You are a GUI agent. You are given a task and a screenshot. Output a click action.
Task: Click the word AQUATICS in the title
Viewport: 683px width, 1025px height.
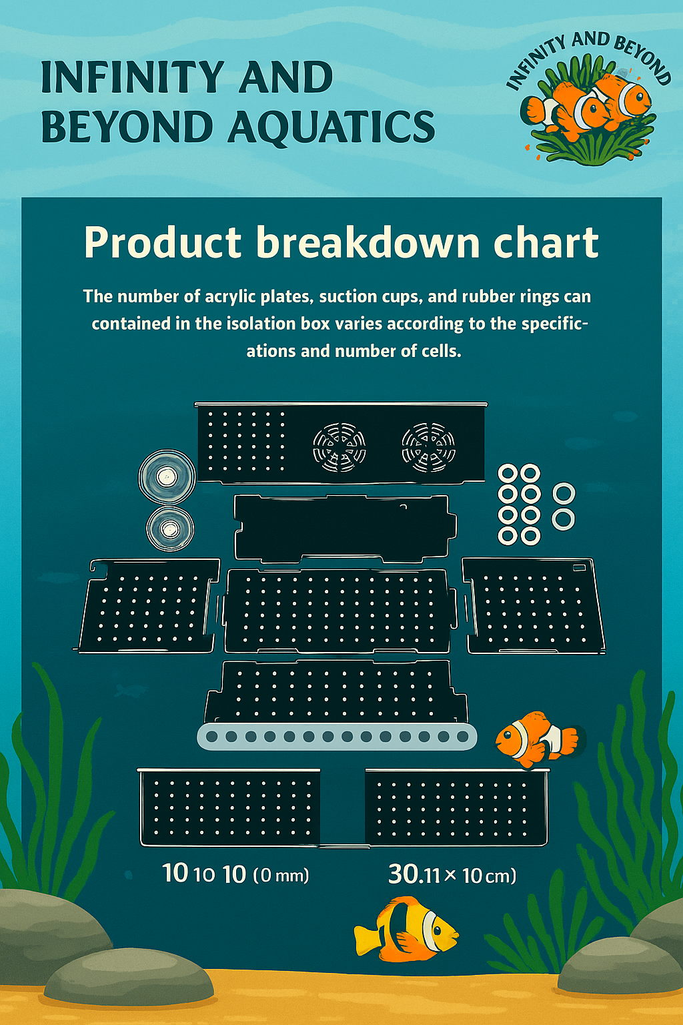331,127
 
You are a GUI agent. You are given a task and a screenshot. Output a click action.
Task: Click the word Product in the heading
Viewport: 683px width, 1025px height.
163,243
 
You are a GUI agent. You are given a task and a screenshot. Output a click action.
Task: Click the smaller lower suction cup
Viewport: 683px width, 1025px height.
170,529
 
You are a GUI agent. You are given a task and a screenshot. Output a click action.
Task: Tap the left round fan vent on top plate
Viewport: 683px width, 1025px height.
339,447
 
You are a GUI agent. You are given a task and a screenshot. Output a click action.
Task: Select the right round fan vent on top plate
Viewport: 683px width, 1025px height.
428,447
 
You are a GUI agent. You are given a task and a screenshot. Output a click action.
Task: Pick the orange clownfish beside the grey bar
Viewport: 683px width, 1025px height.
537,737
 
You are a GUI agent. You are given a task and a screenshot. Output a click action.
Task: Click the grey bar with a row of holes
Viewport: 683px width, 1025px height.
337,737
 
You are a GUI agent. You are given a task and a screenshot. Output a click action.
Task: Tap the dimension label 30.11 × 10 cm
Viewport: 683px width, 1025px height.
452,874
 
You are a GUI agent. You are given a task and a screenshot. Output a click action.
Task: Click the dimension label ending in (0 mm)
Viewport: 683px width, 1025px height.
236,874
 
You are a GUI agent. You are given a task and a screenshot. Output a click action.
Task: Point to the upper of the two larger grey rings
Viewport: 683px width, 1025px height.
564,494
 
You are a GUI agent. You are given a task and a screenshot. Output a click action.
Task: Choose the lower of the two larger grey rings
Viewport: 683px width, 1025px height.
564,519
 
